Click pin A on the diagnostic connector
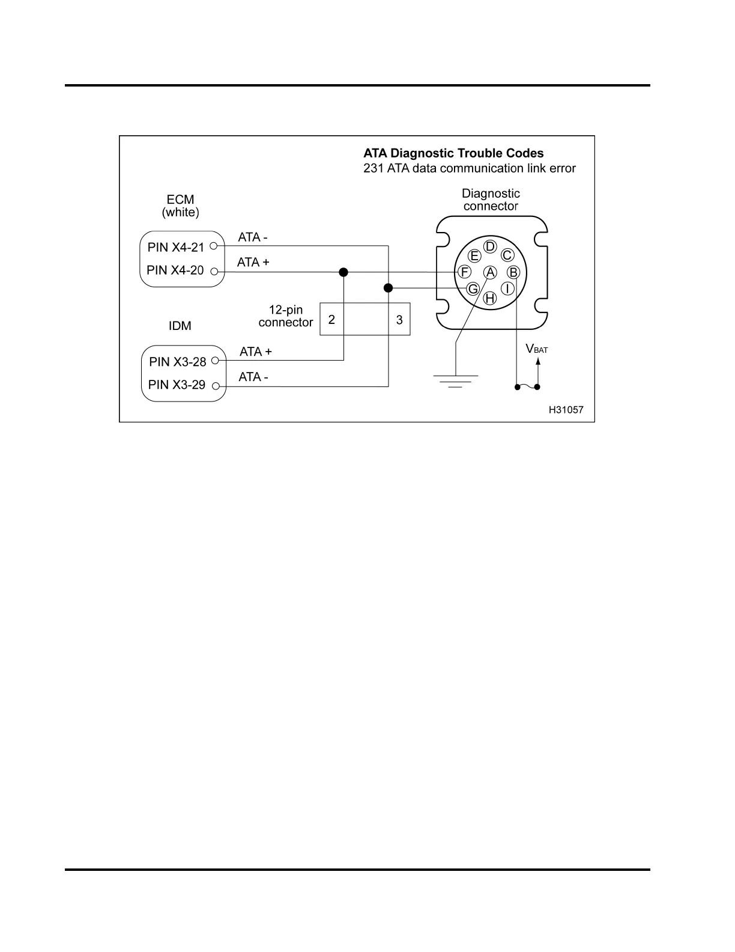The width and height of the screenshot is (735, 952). tap(490, 272)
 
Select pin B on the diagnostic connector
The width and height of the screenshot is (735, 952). tap(513, 272)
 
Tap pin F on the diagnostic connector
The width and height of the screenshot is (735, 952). tap(464, 272)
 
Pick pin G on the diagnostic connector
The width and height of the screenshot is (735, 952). tap(473, 289)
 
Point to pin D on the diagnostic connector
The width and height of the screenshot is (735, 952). tap(490, 246)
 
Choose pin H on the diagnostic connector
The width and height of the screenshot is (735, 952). tap(490, 298)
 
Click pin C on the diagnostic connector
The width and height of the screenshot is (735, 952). tap(507, 255)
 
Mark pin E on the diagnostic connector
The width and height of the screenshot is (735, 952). tap(474, 256)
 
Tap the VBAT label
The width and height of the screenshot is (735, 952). tap(537, 349)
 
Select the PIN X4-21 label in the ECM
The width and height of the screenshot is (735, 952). tap(176, 247)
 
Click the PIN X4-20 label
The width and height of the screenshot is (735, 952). tap(175, 270)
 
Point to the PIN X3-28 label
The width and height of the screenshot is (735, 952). tap(178, 362)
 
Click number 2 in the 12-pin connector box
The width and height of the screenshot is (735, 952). tap(331, 320)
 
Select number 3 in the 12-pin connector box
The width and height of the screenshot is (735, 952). tap(399, 320)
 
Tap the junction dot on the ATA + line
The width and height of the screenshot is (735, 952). tap(343, 272)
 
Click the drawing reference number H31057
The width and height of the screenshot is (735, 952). tap(566, 410)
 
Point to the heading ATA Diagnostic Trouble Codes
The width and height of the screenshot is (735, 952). tap(453, 153)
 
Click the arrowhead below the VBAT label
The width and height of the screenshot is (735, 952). tap(538, 362)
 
